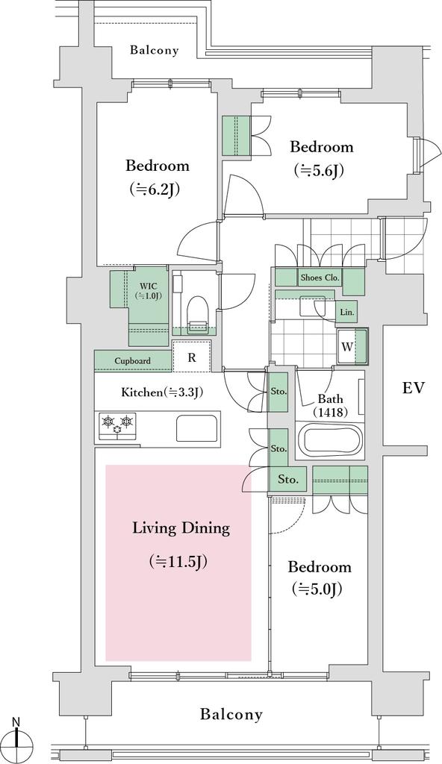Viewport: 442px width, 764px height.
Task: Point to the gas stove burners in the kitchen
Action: [x=117, y=426]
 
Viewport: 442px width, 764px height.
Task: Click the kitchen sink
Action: [x=196, y=428]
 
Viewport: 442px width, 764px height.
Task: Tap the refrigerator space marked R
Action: [x=192, y=357]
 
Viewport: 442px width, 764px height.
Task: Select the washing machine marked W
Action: [x=352, y=346]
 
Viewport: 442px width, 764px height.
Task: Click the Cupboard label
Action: [x=133, y=361]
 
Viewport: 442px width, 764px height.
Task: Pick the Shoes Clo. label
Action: [x=320, y=278]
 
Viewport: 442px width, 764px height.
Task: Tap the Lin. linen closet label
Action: [x=347, y=313]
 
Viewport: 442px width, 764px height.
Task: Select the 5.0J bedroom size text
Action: [x=317, y=590]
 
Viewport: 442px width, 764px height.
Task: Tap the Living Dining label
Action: [x=181, y=528]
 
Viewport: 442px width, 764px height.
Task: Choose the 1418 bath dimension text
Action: [x=330, y=413]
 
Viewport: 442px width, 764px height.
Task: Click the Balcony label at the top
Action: [x=154, y=50]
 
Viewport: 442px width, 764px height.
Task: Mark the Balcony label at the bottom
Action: [x=231, y=714]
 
